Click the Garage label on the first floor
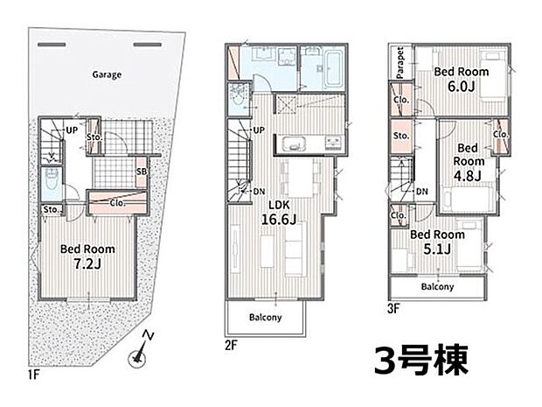tap(107, 74)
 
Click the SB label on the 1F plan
tap(141, 171)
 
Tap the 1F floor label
tap(34, 377)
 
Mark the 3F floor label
tap(394, 308)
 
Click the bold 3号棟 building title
tap(422, 359)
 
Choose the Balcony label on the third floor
tap(437, 287)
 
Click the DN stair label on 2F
tap(259, 192)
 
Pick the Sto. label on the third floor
tap(401, 137)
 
